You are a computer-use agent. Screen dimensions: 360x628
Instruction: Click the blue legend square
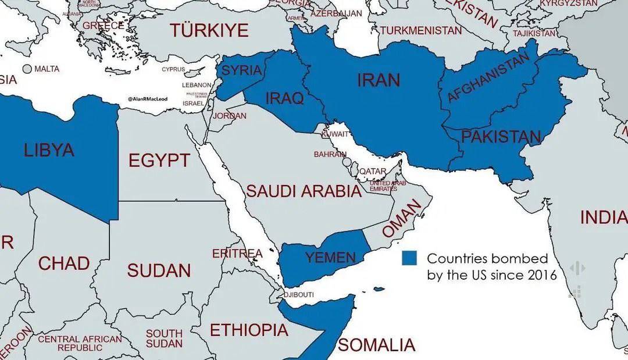pos(409,259)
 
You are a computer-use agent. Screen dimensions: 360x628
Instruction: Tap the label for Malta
pos(47,69)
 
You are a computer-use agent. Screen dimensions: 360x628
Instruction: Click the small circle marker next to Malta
pos(27,69)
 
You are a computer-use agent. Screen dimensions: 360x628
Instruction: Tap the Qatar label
pos(372,172)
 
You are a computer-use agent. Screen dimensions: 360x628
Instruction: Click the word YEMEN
pos(330,257)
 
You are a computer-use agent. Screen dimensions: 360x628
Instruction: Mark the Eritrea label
pos(237,254)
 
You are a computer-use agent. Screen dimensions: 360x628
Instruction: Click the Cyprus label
pos(173,69)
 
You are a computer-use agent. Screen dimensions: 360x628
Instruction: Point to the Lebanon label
pos(197,85)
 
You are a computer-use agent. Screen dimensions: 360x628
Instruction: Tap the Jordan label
pos(230,116)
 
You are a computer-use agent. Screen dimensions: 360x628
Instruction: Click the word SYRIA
pos(242,70)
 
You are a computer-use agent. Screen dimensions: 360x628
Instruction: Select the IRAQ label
pos(284,98)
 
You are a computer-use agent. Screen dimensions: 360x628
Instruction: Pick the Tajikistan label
pos(534,33)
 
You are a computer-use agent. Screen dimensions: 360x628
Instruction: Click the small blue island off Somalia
pos(379,289)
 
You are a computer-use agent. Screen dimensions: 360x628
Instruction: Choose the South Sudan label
pos(163,339)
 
